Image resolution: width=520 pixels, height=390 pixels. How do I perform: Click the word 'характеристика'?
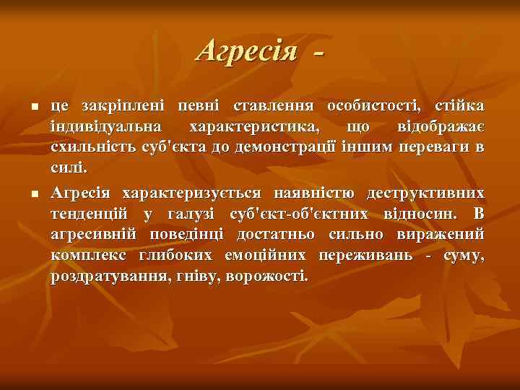[x=253, y=127]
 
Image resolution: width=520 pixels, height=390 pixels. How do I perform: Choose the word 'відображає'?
[x=441, y=127]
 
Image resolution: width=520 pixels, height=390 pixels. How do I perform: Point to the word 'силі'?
[x=68, y=169]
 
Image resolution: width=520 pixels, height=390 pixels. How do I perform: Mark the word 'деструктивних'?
[x=426, y=194]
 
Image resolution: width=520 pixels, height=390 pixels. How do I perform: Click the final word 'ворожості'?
[x=271, y=277]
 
